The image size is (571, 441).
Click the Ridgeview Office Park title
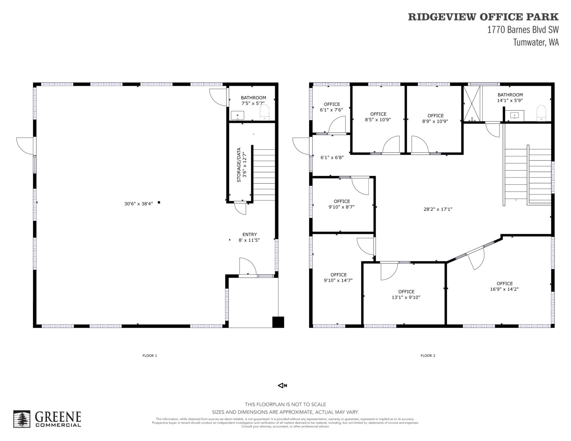coord(483,17)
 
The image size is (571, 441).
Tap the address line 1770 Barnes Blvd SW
coord(523,30)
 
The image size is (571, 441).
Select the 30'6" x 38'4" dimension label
coord(138,204)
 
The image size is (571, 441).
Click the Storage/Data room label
coord(242,165)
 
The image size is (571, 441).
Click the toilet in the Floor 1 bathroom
coord(264,112)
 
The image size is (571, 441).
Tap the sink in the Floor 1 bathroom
coord(237,116)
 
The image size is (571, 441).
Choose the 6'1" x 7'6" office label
coord(332,107)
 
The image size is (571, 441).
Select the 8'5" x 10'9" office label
coord(378,117)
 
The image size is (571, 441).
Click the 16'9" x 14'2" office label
coord(505,286)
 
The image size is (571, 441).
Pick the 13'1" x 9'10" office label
coord(406,294)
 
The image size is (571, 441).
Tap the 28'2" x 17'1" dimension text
coord(438,209)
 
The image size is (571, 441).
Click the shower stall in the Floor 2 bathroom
coord(472,104)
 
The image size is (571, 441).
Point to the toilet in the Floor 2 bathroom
coord(541,113)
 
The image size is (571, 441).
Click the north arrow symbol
coord(283,386)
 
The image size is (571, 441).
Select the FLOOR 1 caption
coord(150,356)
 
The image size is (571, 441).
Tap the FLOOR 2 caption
coord(428,356)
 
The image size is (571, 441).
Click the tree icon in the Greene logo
coord(22,419)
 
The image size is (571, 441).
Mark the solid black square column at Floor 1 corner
coord(278,322)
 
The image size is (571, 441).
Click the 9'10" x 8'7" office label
coord(342,204)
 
